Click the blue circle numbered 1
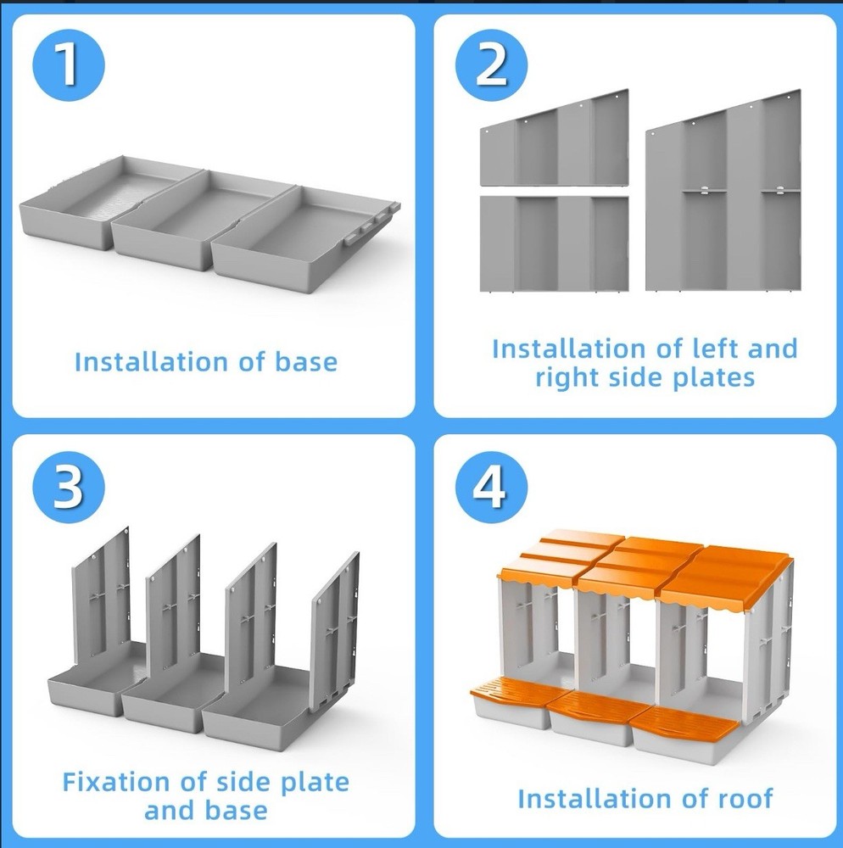point(68,65)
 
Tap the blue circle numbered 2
point(490,65)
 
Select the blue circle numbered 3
point(68,487)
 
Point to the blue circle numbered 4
point(490,487)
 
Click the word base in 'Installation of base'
point(306,362)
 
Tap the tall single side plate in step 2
point(723,190)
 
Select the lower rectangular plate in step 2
point(555,244)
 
